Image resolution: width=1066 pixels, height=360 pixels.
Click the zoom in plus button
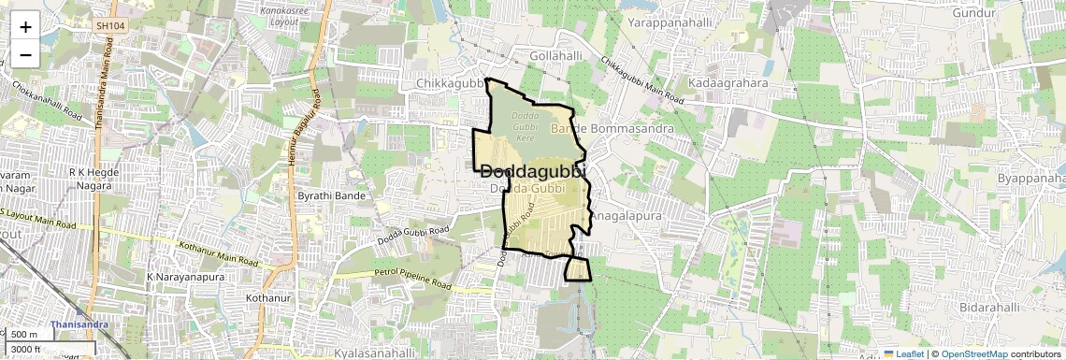(25, 26)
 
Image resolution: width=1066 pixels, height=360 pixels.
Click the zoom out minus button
(25, 54)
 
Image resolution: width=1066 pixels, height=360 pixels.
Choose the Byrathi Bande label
(330, 195)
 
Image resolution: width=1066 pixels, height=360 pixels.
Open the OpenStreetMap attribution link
(973, 353)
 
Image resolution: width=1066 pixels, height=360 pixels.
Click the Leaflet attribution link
(902, 353)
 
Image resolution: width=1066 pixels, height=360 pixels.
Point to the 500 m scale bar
(26, 334)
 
